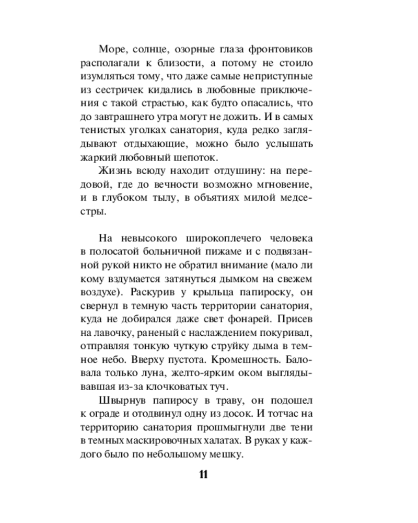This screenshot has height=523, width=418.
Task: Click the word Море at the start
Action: tap(110, 50)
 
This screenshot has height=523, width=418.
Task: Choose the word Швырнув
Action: tap(119, 402)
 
